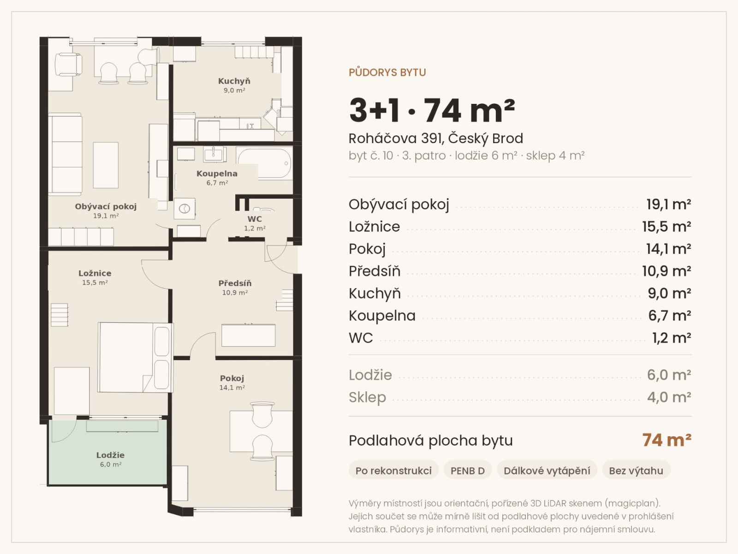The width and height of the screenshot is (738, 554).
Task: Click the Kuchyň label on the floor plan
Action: pyautogui.click(x=234, y=81)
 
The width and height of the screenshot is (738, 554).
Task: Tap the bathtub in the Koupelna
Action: pyautogui.click(x=264, y=163)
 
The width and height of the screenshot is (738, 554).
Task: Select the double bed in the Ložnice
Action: pyautogui.click(x=135, y=357)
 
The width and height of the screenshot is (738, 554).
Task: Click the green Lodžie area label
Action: pyautogui.click(x=110, y=455)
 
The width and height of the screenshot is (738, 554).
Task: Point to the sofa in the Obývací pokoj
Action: pyautogui.click(x=65, y=154)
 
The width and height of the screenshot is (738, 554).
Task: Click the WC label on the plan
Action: pyautogui.click(x=255, y=219)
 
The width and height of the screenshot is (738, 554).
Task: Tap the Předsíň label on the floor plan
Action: pyautogui.click(x=235, y=283)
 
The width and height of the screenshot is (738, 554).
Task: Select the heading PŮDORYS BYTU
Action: pyautogui.click(x=387, y=72)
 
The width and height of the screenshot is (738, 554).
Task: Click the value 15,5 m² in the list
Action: pyautogui.click(x=667, y=227)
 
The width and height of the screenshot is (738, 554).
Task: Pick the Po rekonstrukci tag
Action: pyautogui.click(x=393, y=470)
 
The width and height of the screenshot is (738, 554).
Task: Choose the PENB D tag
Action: pyautogui.click(x=468, y=470)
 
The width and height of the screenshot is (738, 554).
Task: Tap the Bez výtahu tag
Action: pyautogui.click(x=636, y=470)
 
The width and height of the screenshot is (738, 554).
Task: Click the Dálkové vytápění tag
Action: pyautogui.click(x=547, y=470)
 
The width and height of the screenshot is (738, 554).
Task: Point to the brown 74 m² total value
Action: pyautogui.click(x=667, y=440)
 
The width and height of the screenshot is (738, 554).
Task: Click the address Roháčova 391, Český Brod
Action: pyautogui.click(x=436, y=138)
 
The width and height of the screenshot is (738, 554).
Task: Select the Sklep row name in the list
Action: pyautogui.click(x=367, y=397)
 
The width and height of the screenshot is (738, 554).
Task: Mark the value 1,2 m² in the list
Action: pyautogui.click(x=672, y=338)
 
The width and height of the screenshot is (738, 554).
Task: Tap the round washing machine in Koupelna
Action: pyautogui.click(x=184, y=209)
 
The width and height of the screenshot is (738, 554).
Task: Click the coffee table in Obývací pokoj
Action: pyautogui.click(x=106, y=165)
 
